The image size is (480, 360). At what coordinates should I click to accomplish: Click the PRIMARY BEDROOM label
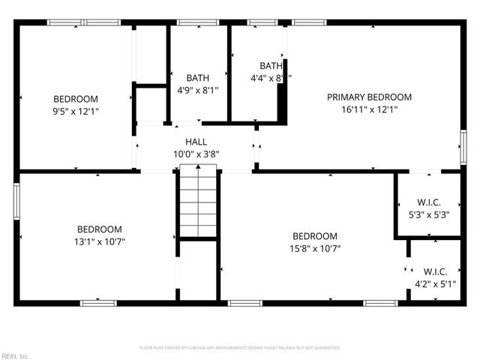coord(369,97)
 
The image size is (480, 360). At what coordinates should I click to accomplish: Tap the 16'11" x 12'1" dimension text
coord(369,109)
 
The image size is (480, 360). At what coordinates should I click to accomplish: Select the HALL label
coord(196,142)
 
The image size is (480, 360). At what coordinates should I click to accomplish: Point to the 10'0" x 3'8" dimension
coord(196,154)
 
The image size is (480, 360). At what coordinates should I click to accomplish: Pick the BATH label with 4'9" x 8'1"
coord(198,77)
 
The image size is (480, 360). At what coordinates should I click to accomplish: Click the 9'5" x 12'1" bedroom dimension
coord(76,111)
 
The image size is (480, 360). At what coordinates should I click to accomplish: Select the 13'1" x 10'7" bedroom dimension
coord(100,241)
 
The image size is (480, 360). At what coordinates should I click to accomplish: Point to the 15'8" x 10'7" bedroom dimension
coord(315,248)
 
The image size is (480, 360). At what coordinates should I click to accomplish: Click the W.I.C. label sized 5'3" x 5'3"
coord(429,202)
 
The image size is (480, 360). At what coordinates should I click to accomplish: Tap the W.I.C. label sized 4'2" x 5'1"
coord(436,271)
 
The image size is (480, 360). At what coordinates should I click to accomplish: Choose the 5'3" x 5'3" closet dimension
coord(429,214)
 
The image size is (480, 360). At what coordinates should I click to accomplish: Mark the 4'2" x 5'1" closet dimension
coord(436,283)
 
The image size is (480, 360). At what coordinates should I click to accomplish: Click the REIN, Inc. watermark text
coord(14,355)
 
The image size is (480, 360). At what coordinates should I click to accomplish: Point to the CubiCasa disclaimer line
coord(240,348)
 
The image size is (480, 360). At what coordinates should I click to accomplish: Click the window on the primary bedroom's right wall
coord(462,142)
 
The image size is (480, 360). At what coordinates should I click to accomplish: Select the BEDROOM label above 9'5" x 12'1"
coord(76,99)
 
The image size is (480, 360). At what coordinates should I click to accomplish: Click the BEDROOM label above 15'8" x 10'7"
coord(315,236)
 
